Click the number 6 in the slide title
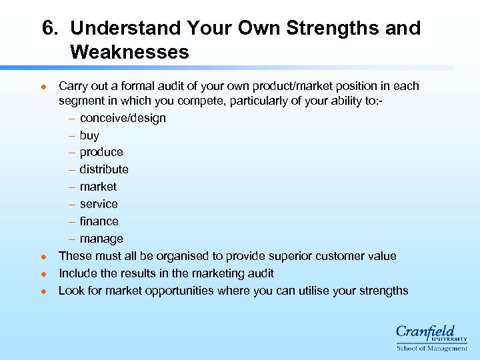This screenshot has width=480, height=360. coord(48,29)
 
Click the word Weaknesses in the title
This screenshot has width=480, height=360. coord(129,52)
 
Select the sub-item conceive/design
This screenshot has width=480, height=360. coord(123,118)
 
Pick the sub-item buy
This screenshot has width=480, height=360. coord(89,135)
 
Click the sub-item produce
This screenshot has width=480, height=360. coord(101,152)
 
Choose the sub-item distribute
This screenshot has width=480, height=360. coord(104,169)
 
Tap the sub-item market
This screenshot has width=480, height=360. coord(98,187)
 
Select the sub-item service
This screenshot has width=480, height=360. coord(99,204)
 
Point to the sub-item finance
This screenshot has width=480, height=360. coord(99,221)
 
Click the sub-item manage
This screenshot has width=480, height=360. coord(101,239)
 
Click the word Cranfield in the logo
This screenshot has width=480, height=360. coord(425,332)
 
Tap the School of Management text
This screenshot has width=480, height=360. coord(432,348)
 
